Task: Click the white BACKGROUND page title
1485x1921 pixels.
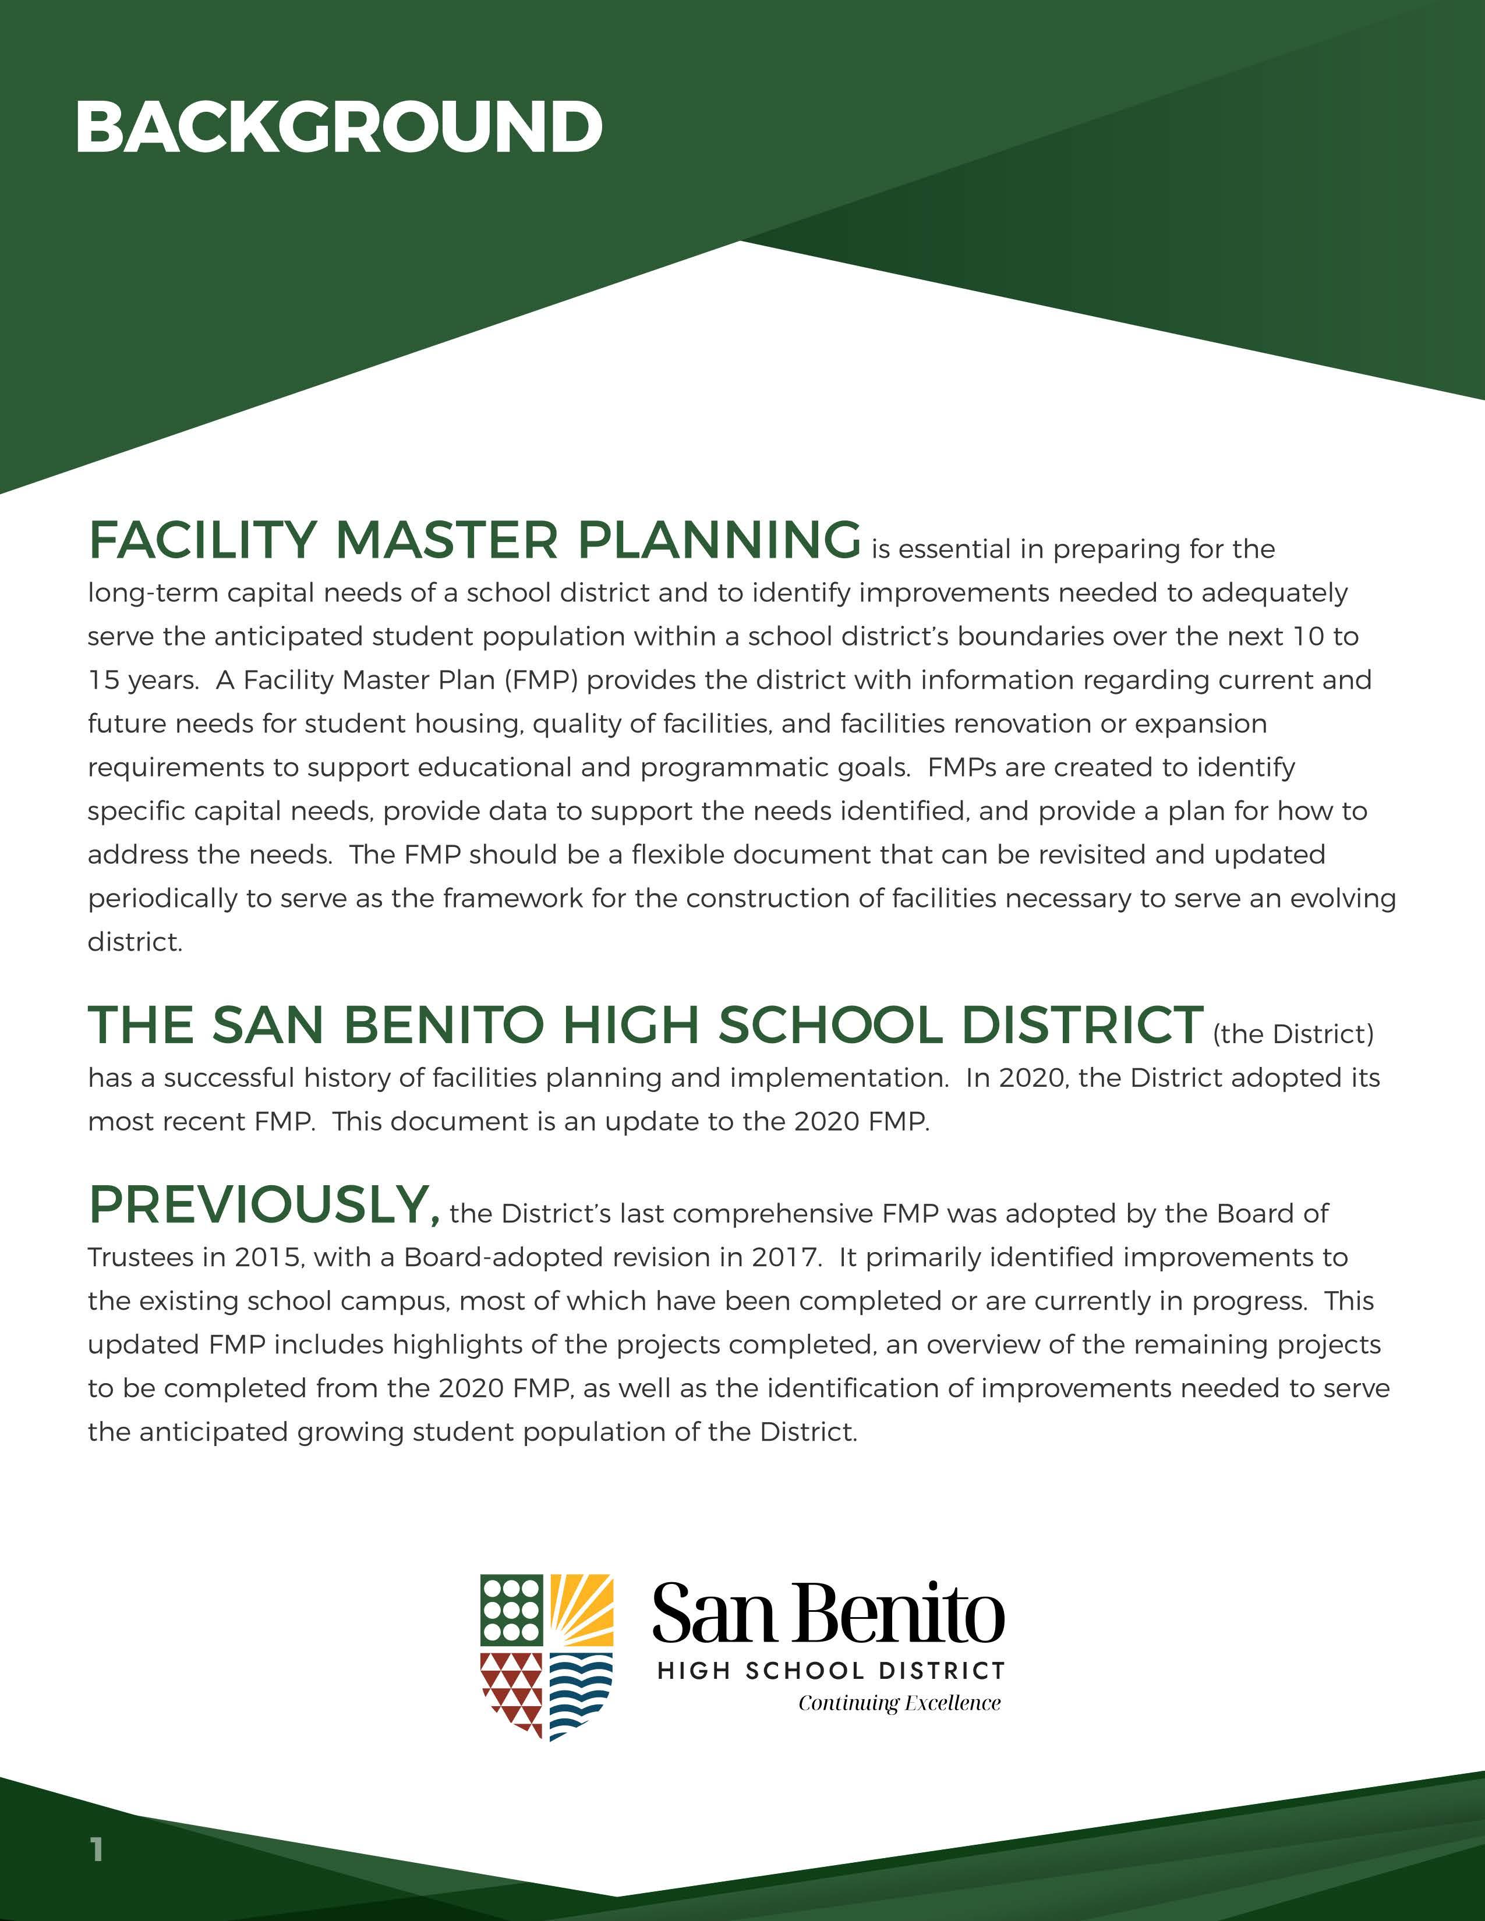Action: click(x=339, y=127)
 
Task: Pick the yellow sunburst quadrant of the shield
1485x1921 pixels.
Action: click(x=582, y=1610)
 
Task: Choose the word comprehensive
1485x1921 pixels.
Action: click(x=773, y=1214)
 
